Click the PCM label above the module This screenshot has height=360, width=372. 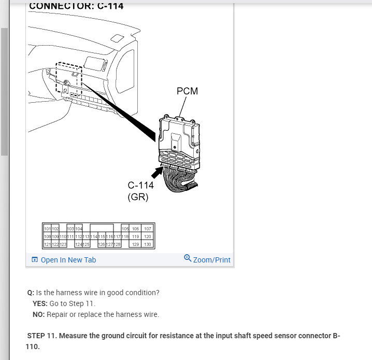tap(187, 91)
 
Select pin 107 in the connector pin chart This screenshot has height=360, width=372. tap(148, 229)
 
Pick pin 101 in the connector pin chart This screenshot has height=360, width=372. tap(48, 229)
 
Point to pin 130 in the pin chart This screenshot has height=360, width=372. tap(148, 244)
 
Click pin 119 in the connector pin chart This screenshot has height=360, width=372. tap(135, 237)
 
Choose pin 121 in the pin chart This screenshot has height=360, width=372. tap(48, 244)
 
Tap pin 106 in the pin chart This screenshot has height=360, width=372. tap(135, 229)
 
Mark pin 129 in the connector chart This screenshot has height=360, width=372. tap(135, 244)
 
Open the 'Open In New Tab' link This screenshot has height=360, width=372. tap(68, 260)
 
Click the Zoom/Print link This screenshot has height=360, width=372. tap(211, 260)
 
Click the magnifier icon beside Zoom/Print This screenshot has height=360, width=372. tap(188, 258)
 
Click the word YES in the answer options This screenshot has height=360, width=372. tap(40, 303)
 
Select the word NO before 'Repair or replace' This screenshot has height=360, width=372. tap(38, 314)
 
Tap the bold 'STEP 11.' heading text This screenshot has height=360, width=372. tap(42, 336)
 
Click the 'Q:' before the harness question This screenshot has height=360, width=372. tap(31, 293)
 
